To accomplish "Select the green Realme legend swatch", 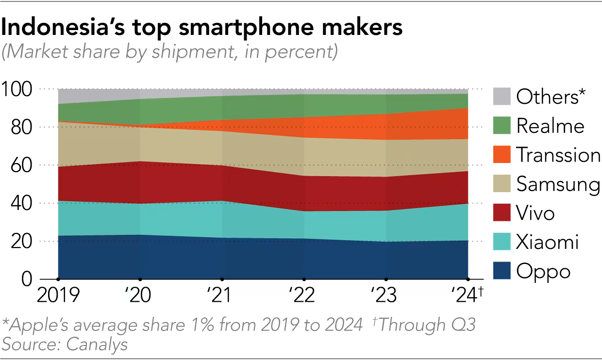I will click(502, 126).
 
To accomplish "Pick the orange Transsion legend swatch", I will click(502, 155).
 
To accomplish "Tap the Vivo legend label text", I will click(535, 213).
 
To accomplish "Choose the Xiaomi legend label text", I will click(548, 242).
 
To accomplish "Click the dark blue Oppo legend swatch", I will click(502, 271).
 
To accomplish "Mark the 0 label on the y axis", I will click(27, 279).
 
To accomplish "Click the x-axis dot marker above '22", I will click(304, 279).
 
